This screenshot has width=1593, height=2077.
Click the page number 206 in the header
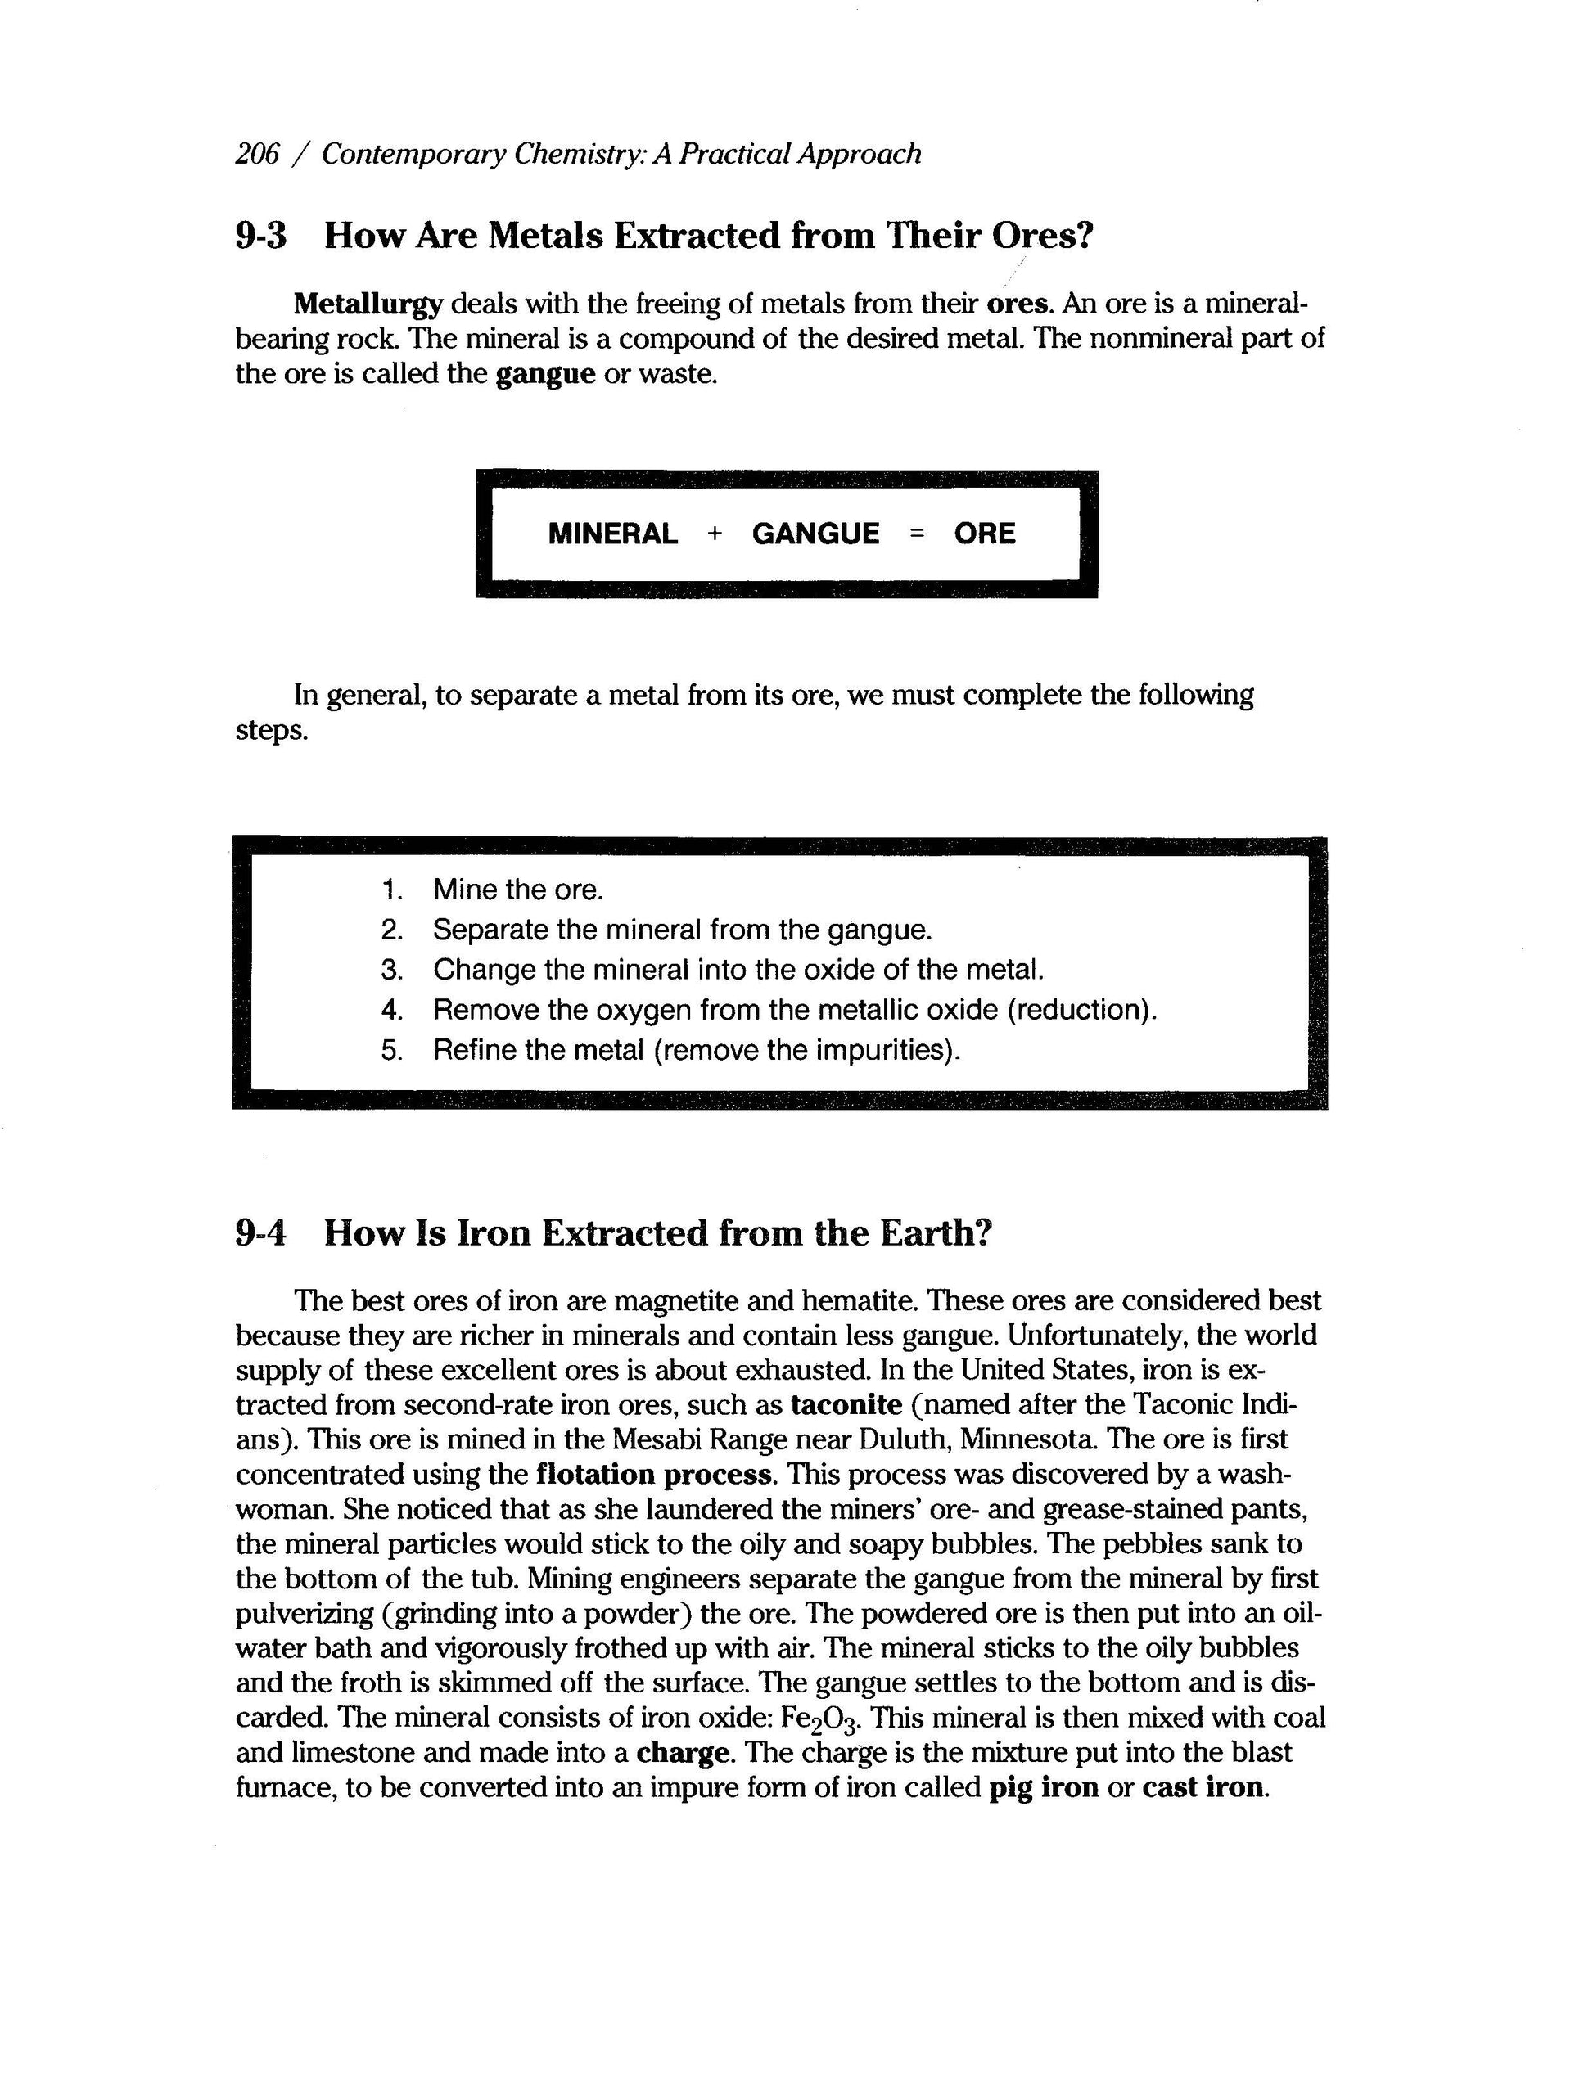[257, 154]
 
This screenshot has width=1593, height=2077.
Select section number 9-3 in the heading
[261, 235]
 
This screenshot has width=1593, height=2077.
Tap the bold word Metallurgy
[368, 304]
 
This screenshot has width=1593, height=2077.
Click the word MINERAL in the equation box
[612, 534]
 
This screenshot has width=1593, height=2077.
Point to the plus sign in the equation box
[715, 534]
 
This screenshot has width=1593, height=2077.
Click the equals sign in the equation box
[916, 534]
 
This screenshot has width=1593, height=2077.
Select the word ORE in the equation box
[984, 534]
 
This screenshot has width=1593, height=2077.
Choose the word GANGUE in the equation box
[815, 534]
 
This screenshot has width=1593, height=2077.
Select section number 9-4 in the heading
[261, 1233]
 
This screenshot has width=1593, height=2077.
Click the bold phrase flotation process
[654, 1474]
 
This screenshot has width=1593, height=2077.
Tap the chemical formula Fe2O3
[825, 1719]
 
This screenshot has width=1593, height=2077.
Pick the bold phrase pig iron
[1043, 1788]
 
